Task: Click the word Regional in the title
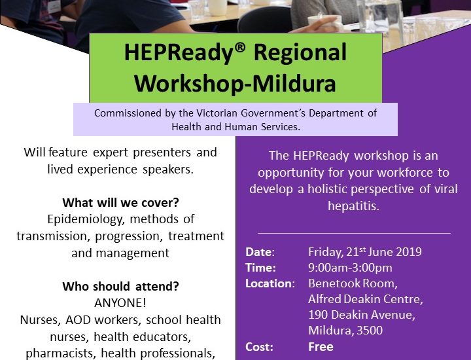pos(300,53)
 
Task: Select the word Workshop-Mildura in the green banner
pos(235,84)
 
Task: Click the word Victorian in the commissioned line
pos(217,113)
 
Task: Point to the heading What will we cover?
pos(120,202)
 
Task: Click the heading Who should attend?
pos(120,286)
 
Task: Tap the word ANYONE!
pos(120,303)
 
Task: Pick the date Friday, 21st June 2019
pos(365,251)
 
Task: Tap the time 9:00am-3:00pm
pos(350,268)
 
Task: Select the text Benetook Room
pos(353,283)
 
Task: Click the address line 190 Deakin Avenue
pos(362,315)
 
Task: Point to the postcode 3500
pos(370,331)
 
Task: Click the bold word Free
pos(321,347)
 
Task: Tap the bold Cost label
pos(259,347)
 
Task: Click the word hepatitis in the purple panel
pos(353,206)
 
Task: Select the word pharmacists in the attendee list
pos(59,353)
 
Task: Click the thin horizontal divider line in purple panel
pos(354,233)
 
